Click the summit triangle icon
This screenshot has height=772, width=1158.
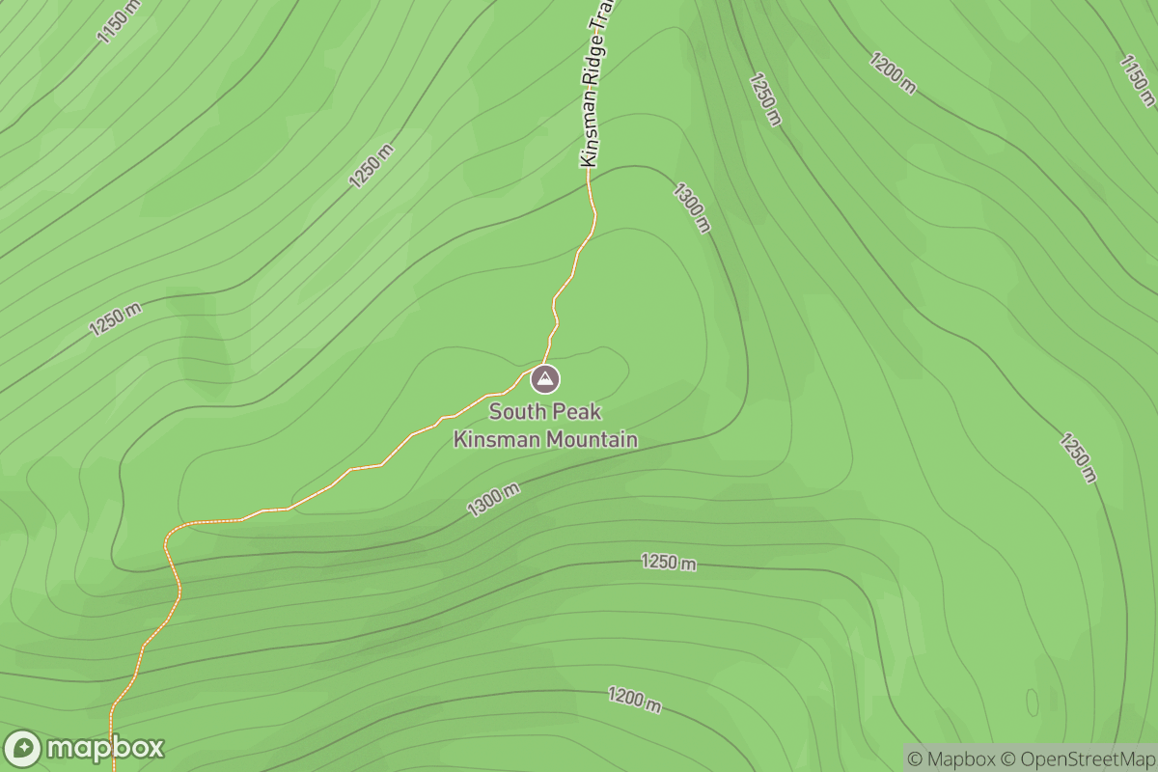pyautogui.click(x=545, y=379)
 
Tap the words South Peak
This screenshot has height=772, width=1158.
pyautogui.click(x=545, y=412)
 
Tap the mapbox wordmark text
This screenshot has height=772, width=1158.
pyautogui.click(x=104, y=748)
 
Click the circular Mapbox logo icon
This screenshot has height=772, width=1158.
pyautogui.click(x=22, y=749)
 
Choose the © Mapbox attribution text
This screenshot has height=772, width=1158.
pyautogui.click(x=950, y=758)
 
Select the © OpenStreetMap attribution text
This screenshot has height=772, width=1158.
pyautogui.click(x=1075, y=758)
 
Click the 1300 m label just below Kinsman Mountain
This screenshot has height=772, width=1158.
pyautogui.click(x=493, y=500)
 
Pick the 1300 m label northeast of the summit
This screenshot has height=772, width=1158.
pyautogui.click(x=692, y=207)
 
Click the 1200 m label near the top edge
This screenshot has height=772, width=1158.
pyautogui.click(x=893, y=73)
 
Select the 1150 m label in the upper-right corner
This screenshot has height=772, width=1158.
pyautogui.click(x=1138, y=79)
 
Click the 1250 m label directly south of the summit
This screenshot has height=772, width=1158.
pyautogui.click(x=669, y=563)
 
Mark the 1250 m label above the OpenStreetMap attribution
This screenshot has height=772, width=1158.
pyautogui.click(x=1078, y=457)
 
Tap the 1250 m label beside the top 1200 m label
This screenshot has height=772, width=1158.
pyautogui.click(x=763, y=99)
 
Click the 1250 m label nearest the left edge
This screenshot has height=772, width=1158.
pyautogui.click(x=116, y=318)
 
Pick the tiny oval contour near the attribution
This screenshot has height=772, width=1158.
pyautogui.click(x=1032, y=702)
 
